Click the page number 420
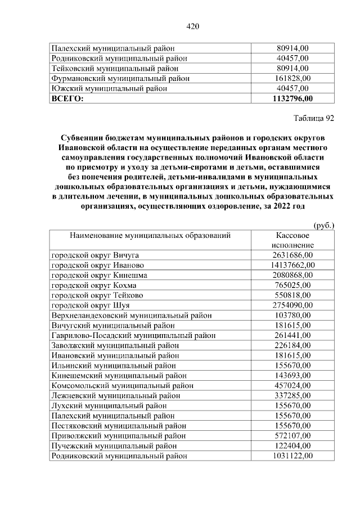(192, 26)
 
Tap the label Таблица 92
(314, 118)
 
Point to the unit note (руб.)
(323, 225)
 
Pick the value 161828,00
(292, 78)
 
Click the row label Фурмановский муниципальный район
(116, 78)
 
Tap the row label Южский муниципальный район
(101, 88)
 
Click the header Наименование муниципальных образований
(150, 236)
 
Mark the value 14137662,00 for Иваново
(292, 265)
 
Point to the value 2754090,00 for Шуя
(292, 305)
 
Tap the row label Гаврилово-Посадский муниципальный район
(133, 336)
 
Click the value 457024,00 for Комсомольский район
(292, 386)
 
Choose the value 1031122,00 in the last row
(292, 456)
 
